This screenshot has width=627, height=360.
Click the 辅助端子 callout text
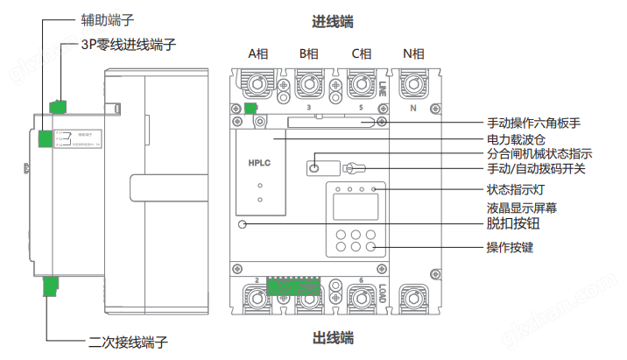[x=96, y=17]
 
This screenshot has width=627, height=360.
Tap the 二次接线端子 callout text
[x=128, y=341]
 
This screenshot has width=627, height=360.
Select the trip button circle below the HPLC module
[x=243, y=224]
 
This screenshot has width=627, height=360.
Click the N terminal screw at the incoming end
[x=412, y=85]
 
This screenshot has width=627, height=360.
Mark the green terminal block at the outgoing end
[x=292, y=286]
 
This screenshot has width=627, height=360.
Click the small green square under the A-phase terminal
[x=250, y=109]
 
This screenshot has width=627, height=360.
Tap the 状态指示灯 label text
[x=516, y=189]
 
